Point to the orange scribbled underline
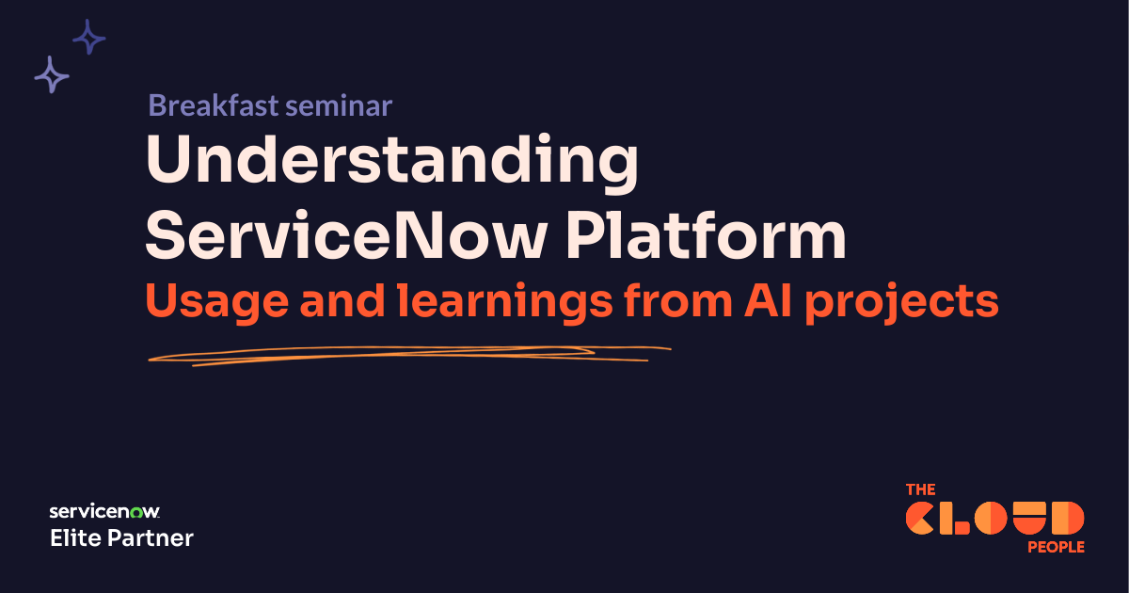pyautogui.click(x=405, y=355)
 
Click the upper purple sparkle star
pyautogui.click(x=89, y=37)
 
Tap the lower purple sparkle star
pyautogui.click(x=52, y=74)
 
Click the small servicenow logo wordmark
pyautogui.click(x=104, y=512)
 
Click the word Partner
pyautogui.click(x=151, y=538)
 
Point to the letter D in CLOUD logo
pyautogui.click(x=1067, y=519)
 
